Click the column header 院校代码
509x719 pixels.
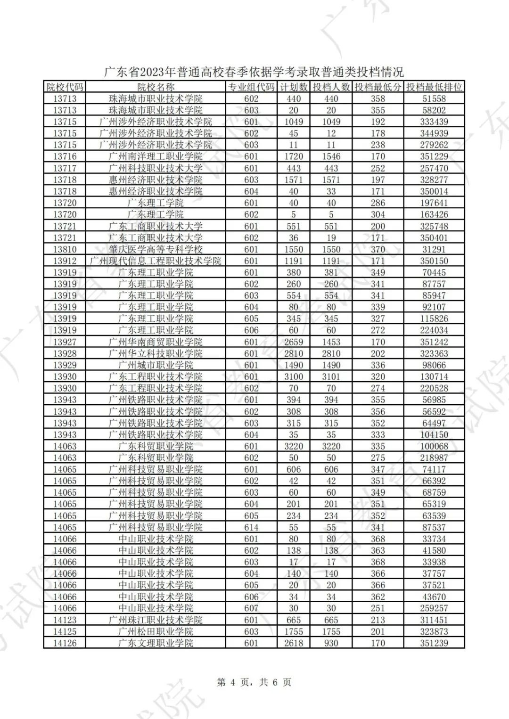[x=65, y=87]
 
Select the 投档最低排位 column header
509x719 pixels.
[x=434, y=87]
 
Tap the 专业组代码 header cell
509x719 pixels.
[x=251, y=87]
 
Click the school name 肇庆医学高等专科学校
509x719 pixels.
[x=156, y=249]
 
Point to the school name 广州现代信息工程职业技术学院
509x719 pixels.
[x=156, y=261]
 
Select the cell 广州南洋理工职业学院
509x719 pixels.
[x=156, y=156]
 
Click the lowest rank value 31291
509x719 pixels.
[x=434, y=249]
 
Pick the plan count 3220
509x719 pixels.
[x=294, y=446]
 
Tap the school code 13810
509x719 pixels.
[x=65, y=249]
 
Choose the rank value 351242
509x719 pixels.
[x=434, y=342]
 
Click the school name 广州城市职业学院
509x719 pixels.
[x=156, y=365]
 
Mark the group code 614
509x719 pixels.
[x=251, y=527]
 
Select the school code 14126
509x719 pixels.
[x=65, y=643]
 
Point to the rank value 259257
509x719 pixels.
[x=434, y=608]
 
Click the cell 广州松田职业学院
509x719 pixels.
[x=156, y=631]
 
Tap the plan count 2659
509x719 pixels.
[x=294, y=342]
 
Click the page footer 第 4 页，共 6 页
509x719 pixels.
[x=254, y=682]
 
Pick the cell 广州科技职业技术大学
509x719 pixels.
[x=156, y=168]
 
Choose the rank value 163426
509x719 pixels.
[x=434, y=214]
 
